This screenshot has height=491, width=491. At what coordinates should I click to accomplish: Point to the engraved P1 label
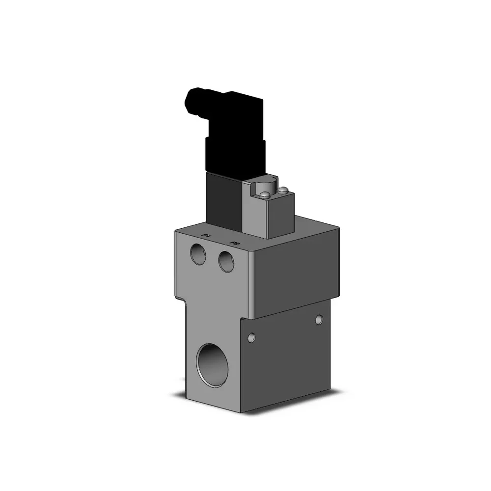pyautogui.click(x=207, y=236)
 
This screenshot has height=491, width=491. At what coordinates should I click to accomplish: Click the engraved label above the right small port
pyautogui.click(x=235, y=243)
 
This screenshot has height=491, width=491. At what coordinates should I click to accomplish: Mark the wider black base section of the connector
pyautogui.click(x=235, y=155)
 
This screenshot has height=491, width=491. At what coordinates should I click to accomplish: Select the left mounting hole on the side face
pyautogui.click(x=252, y=337)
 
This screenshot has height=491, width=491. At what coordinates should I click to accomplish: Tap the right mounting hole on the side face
pyautogui.click(x=320, y=320)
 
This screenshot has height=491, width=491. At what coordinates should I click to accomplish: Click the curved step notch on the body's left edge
pyautogui.click(x=182, y=300)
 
